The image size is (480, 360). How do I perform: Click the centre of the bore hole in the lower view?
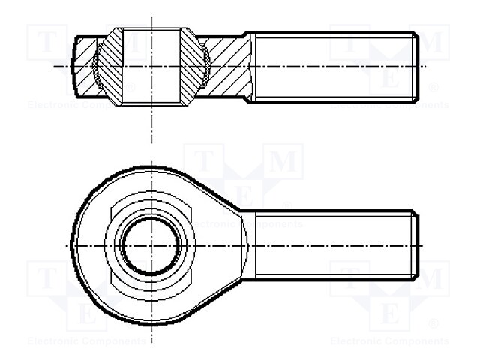point(151,245)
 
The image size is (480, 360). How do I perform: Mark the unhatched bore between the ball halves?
point(151,66)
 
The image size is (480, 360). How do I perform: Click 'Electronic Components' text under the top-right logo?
point(390,105)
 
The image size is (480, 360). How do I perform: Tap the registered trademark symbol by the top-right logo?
point(433,87)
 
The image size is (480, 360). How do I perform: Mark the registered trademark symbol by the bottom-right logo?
point(433,324)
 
